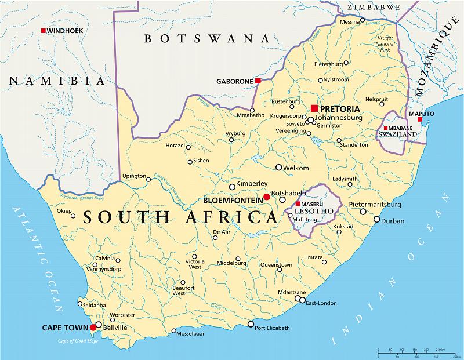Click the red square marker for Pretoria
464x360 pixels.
314,108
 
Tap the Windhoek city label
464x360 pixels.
66,31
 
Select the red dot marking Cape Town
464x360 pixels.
93,328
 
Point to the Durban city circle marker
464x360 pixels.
376,220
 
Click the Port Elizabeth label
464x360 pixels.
272,329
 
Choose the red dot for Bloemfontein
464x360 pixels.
267,197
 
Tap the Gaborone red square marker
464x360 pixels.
258,81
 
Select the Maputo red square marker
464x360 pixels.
420,119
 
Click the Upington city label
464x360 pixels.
134,175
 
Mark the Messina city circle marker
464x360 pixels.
362,21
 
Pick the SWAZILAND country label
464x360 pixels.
398,134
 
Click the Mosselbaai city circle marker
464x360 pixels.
174,331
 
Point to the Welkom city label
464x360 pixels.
296,168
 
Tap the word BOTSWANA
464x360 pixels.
207,39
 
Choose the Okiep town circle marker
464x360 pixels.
72,216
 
